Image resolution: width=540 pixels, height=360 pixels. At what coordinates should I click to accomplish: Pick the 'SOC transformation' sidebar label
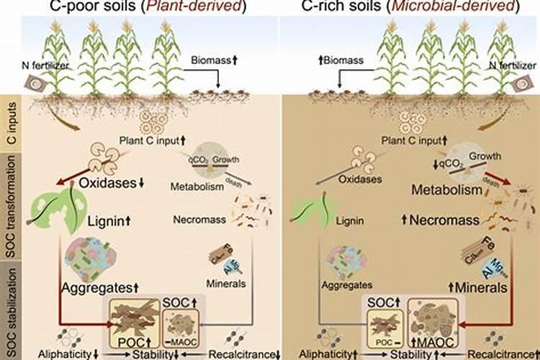10,204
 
